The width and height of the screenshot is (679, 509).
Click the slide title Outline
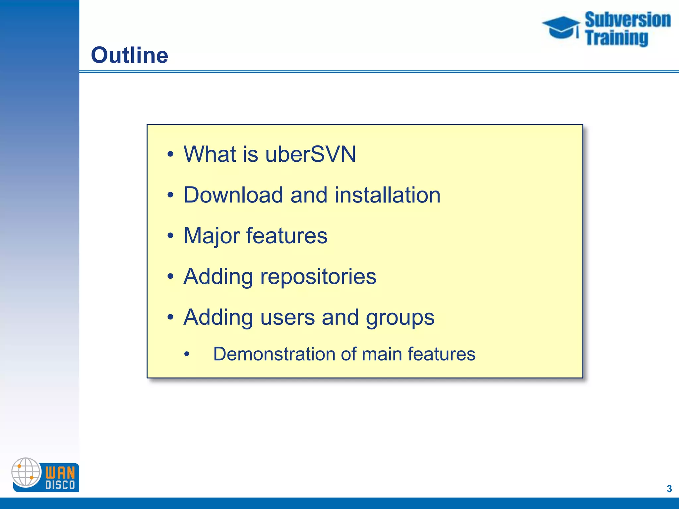point(129,55)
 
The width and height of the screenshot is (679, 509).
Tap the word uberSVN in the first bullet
point(310,154)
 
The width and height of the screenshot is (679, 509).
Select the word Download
point(233,195)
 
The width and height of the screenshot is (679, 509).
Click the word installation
point(387,195)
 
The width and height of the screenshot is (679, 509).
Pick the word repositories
point(318,277)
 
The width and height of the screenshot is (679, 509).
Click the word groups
point(400,317)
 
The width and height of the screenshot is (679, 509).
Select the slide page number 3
point(669,488)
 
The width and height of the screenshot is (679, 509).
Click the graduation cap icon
point(561,27)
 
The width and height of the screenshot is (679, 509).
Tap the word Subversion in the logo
point(627,20)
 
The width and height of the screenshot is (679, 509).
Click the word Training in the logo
point(616,38)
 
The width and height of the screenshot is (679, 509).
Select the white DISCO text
point(60,485)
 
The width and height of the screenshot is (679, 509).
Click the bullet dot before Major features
point(170,236)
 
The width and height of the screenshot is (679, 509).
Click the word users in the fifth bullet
point(287,317)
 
